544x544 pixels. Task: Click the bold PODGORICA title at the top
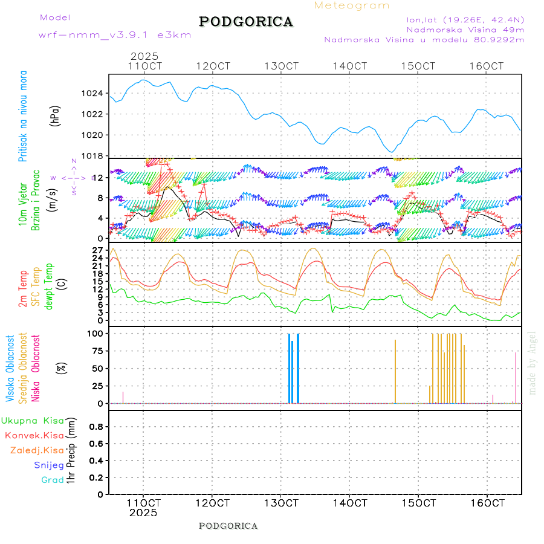coord(246,22)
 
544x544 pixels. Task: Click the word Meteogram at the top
coord(352,5)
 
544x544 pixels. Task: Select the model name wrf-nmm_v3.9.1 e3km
coord(115,35)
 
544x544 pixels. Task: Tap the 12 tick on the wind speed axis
coord(102,177)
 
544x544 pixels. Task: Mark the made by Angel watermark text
coord(533,363)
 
